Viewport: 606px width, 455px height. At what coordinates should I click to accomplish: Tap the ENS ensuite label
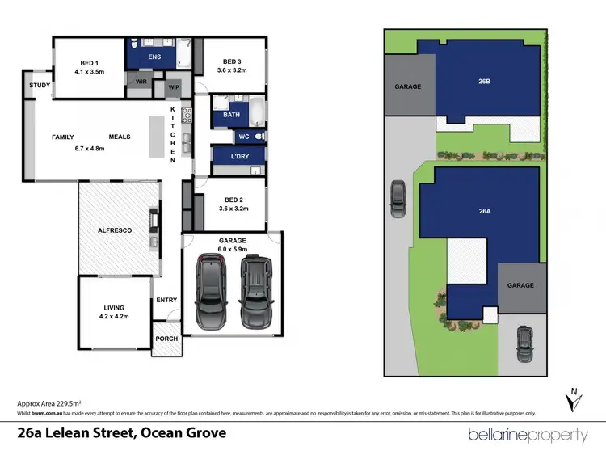coord(154,57)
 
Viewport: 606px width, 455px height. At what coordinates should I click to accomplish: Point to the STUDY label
coord(39,86)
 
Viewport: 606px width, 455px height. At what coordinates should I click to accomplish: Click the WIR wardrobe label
coord(140,81)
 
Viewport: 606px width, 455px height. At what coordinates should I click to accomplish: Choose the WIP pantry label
coord(173,86)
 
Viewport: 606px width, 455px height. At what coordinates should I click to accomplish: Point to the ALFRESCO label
coord(116,230)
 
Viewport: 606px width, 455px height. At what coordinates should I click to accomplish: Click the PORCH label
coord(167,339)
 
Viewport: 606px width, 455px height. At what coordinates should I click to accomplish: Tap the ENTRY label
coord(166,300)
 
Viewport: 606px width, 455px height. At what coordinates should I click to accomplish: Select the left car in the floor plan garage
coord(213,293)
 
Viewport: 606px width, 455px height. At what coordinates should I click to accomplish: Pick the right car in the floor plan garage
coord(256,292)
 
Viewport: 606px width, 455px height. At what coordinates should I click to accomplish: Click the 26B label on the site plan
coord(484,80)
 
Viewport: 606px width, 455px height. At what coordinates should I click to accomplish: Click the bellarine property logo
coord(528,435)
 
